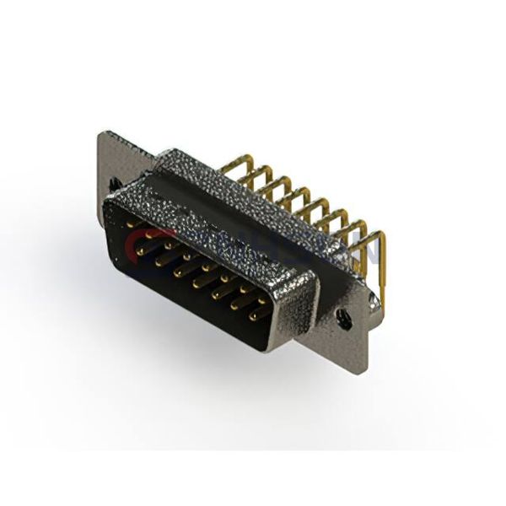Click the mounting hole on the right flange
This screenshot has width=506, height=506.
pos(342,316)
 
